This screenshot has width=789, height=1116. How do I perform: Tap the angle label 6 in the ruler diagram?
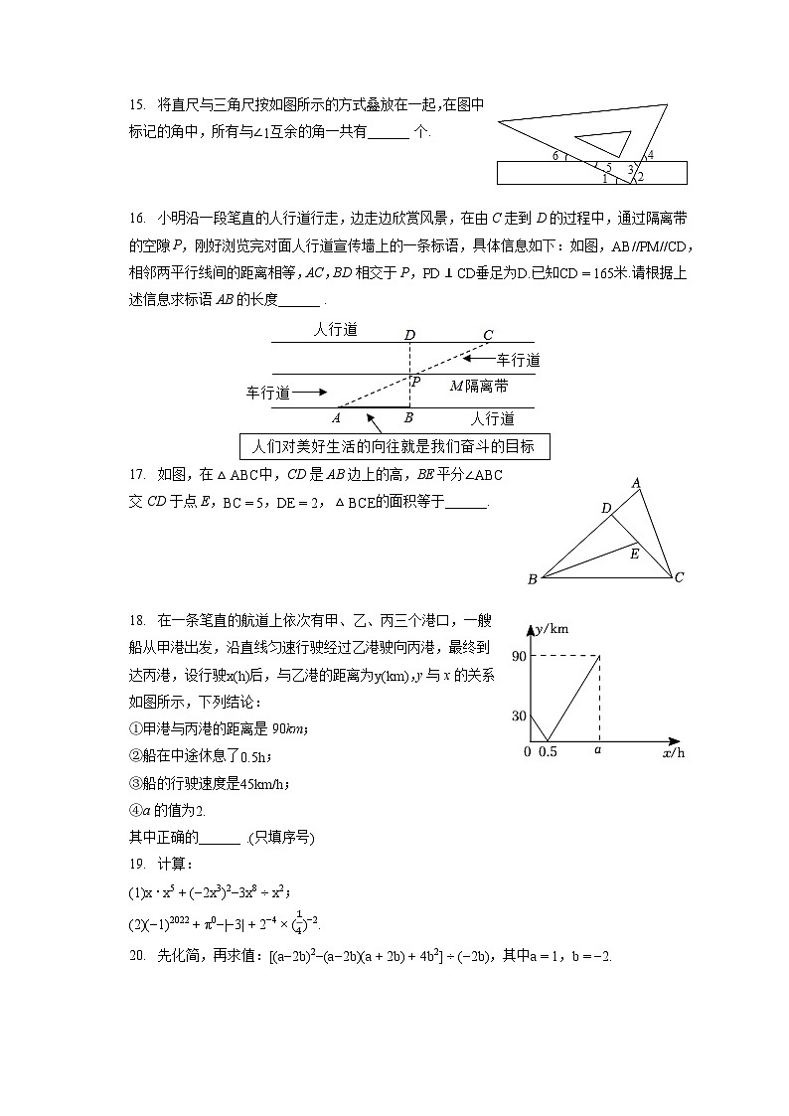tap(555, 156)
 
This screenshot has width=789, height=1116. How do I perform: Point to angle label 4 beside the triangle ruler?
tap(650, 155)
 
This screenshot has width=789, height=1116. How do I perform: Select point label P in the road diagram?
tap(415, 381)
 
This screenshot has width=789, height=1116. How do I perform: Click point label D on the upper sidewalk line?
tap(409, 334)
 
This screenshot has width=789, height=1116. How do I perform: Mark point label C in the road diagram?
tap(487, 334)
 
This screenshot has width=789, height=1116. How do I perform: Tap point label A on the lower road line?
tap(337, 418)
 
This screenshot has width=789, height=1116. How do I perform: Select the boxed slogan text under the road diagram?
tap(394, 446)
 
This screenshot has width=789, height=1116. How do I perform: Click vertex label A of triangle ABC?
tap(636, 484)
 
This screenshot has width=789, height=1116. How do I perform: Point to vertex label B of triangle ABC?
tap(533, 579)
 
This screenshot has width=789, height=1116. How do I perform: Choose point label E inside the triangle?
tap(634, 554)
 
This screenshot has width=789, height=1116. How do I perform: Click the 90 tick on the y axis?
tap(519, 656)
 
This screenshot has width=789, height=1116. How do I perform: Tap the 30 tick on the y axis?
tap(519, 716)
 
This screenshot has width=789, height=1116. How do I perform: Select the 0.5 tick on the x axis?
tap(548, 752)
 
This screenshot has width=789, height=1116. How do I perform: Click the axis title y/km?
tap(552, 629)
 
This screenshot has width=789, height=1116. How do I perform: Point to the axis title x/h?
tap(673, 753)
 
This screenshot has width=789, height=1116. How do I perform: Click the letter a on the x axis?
tap(598, 751)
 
